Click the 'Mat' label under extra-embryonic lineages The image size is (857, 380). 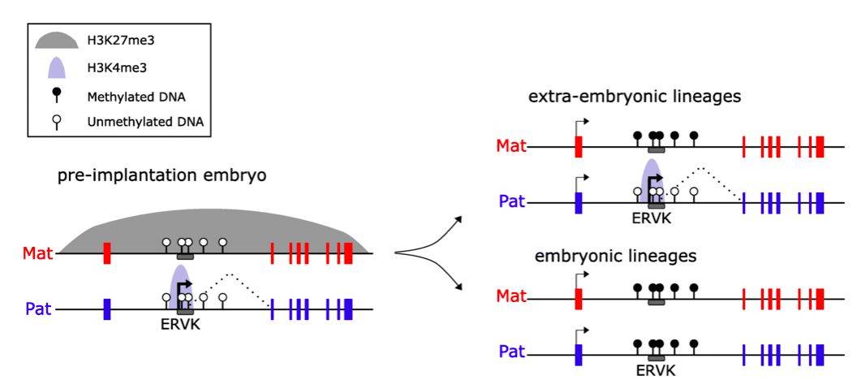click(511, 147)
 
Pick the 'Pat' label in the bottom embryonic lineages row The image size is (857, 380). click(511, 354)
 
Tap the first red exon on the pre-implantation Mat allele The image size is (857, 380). click(107, 253)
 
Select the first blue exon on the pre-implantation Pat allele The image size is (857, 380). click(107, 309)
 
